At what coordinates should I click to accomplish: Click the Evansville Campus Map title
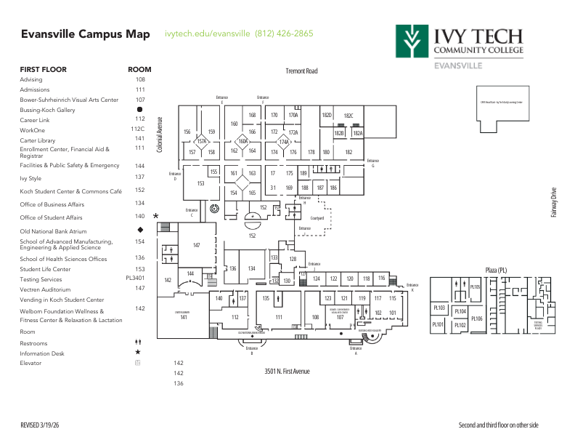(x=85, y=34)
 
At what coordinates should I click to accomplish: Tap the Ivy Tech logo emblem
(x=410, y=41)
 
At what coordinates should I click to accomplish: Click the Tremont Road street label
(x=301, y=71)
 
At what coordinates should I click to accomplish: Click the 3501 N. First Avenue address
(x=287, y=372)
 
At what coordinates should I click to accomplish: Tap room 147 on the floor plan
(x=196, y=246)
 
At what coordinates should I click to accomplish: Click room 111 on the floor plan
(x=278, y=317)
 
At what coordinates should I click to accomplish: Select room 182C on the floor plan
(x=348, y=116)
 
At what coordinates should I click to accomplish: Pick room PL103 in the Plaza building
(x=439, y=308)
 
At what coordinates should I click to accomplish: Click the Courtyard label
(x=316, y=217)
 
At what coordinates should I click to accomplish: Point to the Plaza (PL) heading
(x=496, y=270)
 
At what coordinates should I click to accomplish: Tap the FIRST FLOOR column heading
(x=43, y=70)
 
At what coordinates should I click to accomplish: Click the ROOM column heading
(x=139, y=70)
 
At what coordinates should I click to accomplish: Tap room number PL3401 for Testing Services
(x=136, y=278)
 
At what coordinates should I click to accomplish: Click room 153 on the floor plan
(x=200, y=184)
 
